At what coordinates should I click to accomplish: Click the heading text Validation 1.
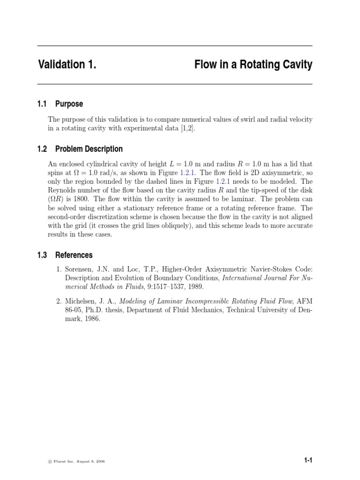click(67, 65)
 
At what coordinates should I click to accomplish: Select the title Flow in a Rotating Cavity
click(253, 65)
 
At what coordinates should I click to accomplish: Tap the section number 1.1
click(43, 104)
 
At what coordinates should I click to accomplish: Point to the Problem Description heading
click(89, 149)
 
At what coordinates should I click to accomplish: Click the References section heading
click(74, 255)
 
